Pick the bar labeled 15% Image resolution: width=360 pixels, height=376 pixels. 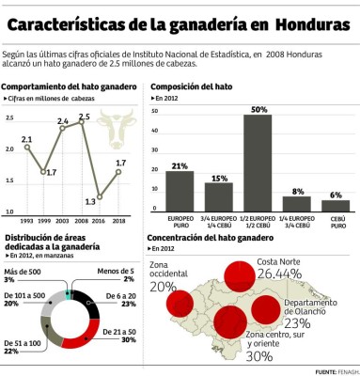click(x=218, y=196)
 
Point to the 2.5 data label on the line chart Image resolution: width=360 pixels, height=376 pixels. click(x=85, y=117)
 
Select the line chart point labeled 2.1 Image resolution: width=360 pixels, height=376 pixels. click(x=26, y=149)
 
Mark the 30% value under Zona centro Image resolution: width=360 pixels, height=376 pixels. click(x=258, y=356)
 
